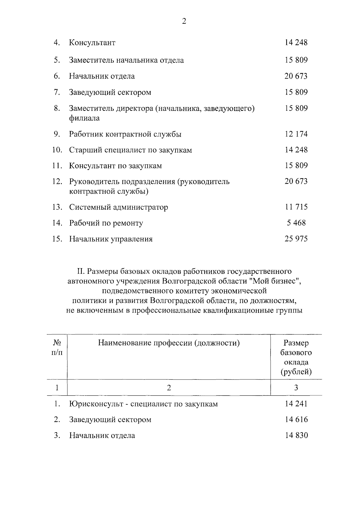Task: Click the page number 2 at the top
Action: tap(184, 21)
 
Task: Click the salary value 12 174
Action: tap(296, 134)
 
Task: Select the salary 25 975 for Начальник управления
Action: tap(296, 239)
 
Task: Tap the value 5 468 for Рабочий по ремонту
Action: tap(296, 223)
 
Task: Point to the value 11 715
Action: tap(296, 207)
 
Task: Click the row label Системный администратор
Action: tap(118, 207)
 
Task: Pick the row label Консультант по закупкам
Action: tap(115, 166)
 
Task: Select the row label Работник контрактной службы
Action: tap(125, 134)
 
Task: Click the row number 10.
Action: tap(57, 150)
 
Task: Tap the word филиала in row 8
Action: tap(84, 118)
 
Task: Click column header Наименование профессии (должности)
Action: tap(169, 343)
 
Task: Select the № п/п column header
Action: tap(57, 347)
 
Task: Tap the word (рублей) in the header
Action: tap(296, 372)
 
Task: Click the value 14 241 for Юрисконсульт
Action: tap(296, 404)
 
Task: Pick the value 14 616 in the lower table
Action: tap(296, 420)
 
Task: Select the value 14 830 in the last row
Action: tap(296, 435)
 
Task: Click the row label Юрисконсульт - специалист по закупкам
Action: tap(143, 404)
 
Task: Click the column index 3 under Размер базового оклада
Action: tap(296, 388)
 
